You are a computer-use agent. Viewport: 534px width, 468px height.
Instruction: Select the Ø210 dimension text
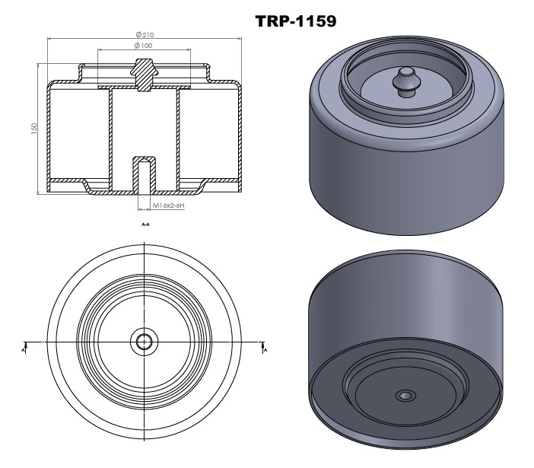click(x=145, y=35)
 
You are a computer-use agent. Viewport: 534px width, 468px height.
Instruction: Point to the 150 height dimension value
click(x=34, y=129)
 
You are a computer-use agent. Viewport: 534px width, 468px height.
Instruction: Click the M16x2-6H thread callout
click(x=170, y=205)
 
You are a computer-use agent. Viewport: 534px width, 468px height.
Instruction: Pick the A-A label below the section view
click(x=145, y=225)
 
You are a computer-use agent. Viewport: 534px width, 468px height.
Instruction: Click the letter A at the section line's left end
click(x=24, y=349)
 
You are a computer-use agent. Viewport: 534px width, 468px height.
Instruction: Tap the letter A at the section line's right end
click(x=264, y=349)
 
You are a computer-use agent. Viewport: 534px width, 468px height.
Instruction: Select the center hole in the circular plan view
click(x=143, y=342)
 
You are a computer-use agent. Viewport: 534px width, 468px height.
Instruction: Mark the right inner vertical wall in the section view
click(x=178, y=137)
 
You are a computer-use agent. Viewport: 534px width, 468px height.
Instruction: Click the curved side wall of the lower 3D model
click(x=403, y=320)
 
